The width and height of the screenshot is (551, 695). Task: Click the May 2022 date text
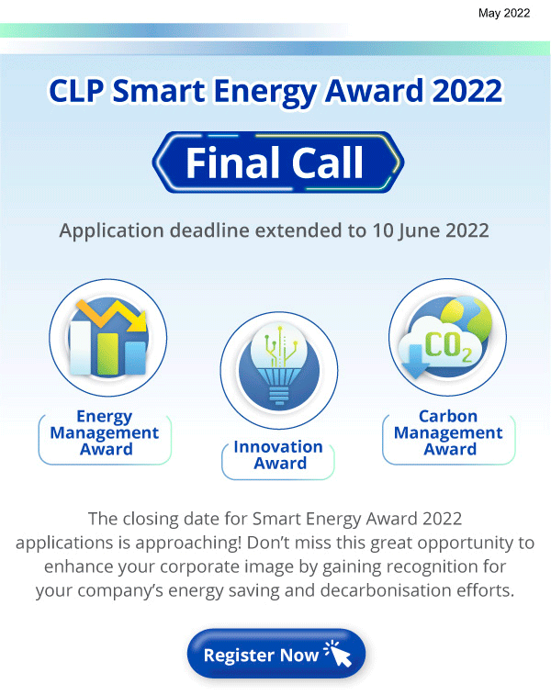pos(504,13)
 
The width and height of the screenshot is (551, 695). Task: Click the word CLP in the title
pos(76,91)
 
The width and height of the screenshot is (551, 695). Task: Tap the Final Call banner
pos(278,163)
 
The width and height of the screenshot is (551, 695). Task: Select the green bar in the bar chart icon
pos(107,353)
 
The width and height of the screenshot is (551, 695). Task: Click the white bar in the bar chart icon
pos(81,348)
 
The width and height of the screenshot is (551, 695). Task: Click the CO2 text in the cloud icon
pos(447,346)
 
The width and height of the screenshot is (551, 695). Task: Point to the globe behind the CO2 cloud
pos(467,319)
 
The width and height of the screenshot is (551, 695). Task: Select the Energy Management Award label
pos(105,432)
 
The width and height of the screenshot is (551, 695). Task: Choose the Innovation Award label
pos(278,454)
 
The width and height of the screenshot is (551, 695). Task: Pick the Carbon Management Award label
pos(448,432)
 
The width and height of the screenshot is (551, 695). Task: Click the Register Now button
pos(276,654)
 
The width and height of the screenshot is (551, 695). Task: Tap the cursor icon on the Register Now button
pos(339,654)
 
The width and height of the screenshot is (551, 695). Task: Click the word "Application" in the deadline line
pos(112,231)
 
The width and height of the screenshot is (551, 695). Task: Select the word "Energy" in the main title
pos(265,92)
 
